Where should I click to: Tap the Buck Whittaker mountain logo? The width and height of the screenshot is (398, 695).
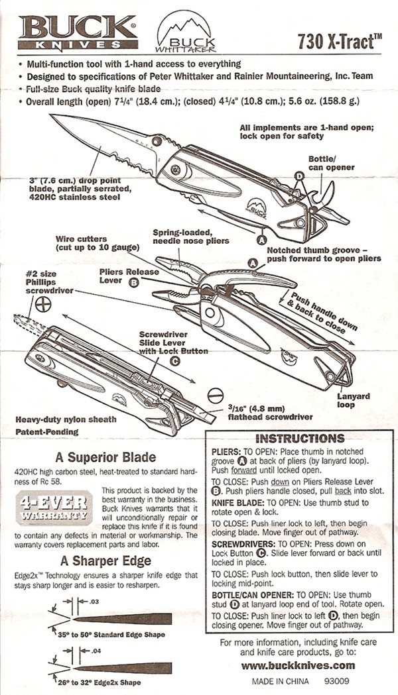click(182, 34)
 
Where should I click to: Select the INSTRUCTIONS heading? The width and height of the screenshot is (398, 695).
click(299, 439)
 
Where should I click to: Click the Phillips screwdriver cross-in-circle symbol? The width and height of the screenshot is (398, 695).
click(44, 304)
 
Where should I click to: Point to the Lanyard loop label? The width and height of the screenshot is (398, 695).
click(358, 401)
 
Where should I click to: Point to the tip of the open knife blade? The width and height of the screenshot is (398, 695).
click(52, 117)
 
